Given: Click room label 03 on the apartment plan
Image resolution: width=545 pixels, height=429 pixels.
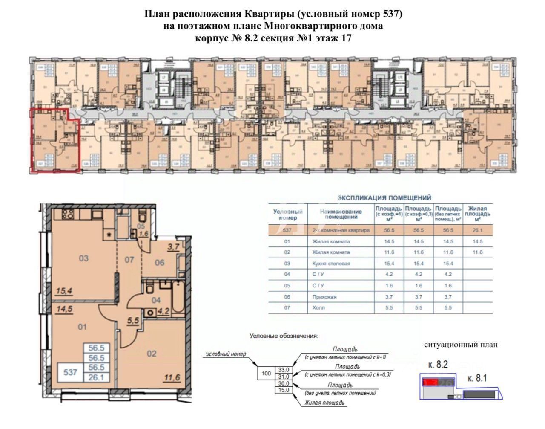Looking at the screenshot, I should click(x=83, y=258).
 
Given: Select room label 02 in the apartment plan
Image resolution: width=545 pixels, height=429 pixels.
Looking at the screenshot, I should click(x=151, y=354).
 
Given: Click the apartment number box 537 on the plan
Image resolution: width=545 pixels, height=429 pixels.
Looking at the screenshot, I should click(x=70, y=372).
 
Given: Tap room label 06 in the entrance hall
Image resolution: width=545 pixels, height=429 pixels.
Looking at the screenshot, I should click(x=159, y=263).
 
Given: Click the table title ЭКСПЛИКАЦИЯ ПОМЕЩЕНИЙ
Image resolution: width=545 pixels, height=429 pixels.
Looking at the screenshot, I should click(x=384, y=198).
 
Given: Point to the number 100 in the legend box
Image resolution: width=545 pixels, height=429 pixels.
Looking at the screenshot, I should click(x=266, y=374).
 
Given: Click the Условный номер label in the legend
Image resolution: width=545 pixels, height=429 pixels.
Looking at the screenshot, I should click(x=226, y=354).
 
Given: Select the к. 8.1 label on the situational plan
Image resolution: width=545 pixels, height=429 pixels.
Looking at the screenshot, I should click(x=477, y=378).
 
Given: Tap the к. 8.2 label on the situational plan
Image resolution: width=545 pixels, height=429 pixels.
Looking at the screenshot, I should click(x=438, y=365).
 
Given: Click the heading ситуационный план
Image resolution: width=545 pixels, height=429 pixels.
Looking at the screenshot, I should click(x=461, y=345).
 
